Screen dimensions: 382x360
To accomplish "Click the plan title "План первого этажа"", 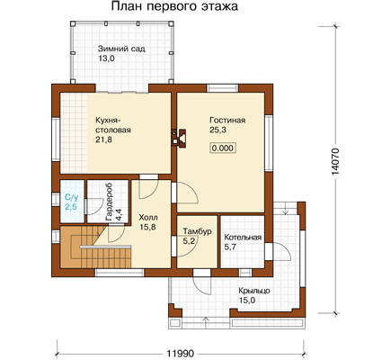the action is point(174,6).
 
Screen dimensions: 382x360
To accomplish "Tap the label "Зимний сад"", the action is point(121,49).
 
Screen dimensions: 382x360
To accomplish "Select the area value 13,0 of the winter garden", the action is point(106,58).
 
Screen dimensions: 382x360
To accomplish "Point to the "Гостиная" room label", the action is point(227,121).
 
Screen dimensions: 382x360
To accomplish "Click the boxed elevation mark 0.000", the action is point(222,148).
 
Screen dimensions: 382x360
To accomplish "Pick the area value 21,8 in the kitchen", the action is point(104,139).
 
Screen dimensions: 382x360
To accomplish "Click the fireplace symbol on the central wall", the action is point(179,139).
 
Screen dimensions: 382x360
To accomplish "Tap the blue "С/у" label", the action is point(72,198).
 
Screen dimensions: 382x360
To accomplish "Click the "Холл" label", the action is point(148,218).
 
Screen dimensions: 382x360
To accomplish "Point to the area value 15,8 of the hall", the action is point(147,227).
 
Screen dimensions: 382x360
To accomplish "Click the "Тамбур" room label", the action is point(197,232).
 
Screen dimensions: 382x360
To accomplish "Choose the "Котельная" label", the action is point(243,238).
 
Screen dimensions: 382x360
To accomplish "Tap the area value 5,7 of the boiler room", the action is point(230,247).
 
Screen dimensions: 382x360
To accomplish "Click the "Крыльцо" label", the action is point(254,292).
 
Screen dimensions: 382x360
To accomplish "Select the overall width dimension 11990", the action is point(180,353).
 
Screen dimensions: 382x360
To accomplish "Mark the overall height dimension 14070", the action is point(335,161).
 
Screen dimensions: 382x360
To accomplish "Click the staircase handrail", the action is point(105,247).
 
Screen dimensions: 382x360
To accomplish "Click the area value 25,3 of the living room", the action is point(218,130).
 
